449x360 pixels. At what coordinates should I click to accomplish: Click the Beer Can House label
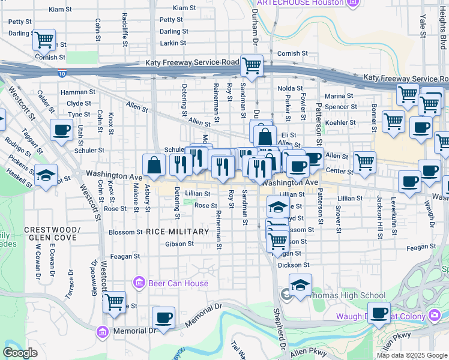coord(178,283)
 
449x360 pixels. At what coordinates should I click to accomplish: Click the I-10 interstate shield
coord(62,73)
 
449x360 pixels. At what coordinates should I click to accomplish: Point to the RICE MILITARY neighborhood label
coord(176,232)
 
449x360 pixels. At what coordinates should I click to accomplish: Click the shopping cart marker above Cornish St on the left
coord(44,40)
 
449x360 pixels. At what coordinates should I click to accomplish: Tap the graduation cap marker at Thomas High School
coord(300,284)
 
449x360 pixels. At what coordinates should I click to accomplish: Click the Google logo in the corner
coord(20,353)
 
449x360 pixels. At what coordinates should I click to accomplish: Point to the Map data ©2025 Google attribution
coord(411,355)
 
